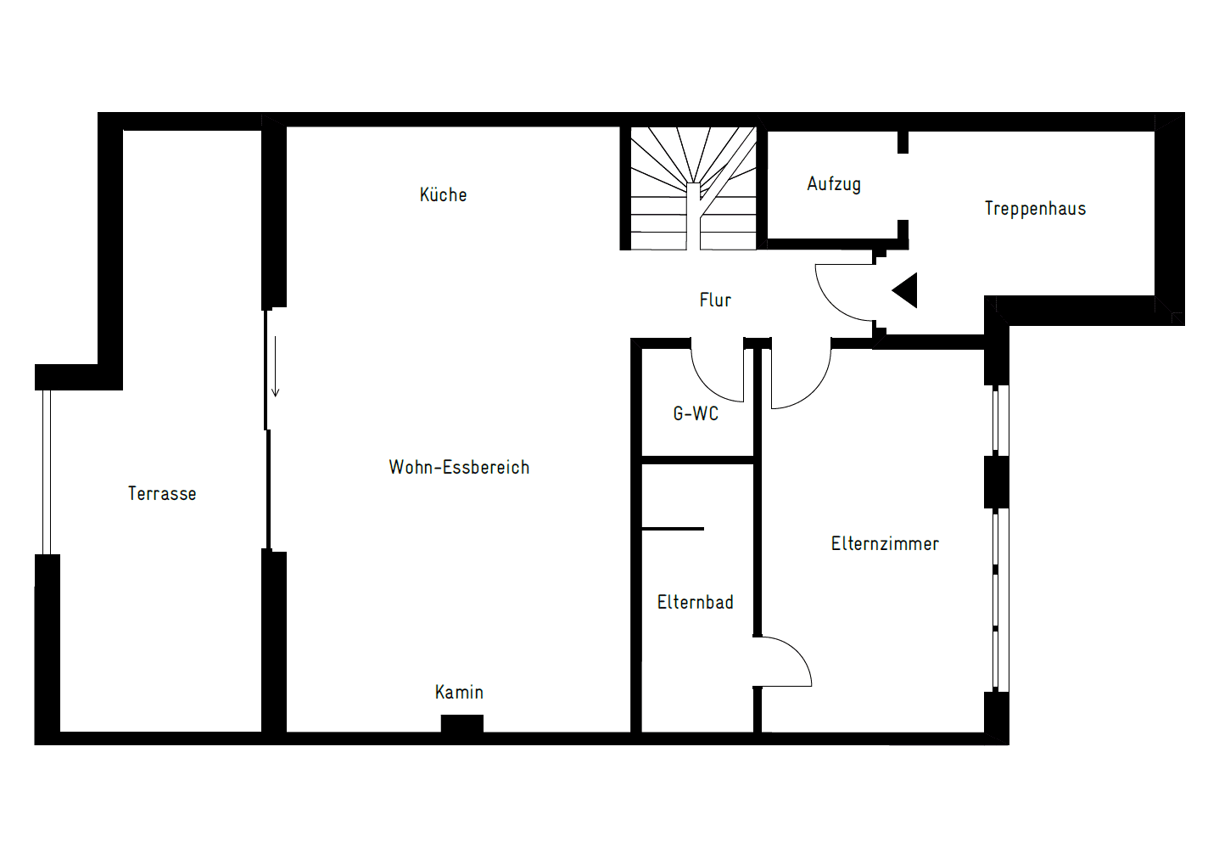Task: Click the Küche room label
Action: (443, 194)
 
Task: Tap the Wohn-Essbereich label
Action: (459, 467)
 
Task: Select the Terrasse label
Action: (162, 493)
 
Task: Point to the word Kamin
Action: (459, 692)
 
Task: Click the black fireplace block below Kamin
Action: (462, 723)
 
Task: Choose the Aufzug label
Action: (834, 184)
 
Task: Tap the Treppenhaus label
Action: (1035, 209)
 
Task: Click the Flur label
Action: (715, 300)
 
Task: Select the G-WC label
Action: (696, 413)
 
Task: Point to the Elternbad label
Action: (695, 602)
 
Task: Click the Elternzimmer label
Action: (885, 543)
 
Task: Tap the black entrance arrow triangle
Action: (904, 290)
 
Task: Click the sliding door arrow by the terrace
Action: (276, 367)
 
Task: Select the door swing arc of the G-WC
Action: (707, 386)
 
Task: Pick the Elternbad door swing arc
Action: (797, 652)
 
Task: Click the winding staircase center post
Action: (693, 216)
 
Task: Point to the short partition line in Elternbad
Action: (673, 529)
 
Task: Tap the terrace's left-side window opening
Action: (47, 472)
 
